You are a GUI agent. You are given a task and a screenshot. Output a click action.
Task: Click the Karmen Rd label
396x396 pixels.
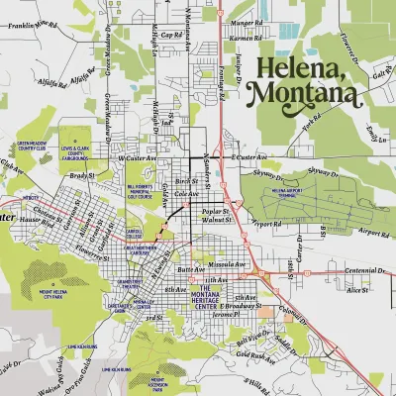pos(244,39)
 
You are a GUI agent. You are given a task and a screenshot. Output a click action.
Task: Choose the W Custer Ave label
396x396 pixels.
pos(139,158)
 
